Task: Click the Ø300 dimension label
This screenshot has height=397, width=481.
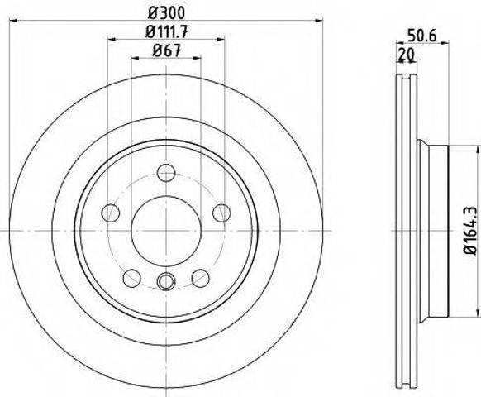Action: pyautogui.click(x=167, y=12)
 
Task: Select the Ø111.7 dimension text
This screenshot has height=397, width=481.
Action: pyautogui.click(x=166, y=31)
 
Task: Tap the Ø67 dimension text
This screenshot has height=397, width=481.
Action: pyautogui.click(x=166, y=50)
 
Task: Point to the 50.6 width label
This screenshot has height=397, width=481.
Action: pyautogui.click(x=421, y=36)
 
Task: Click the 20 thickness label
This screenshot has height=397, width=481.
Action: pyautogui.click(x=406, y=55)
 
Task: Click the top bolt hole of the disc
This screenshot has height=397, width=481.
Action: pyautogui.click(x=166, y=173)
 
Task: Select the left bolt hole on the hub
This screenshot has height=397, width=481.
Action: pyautogui.click(x=111, y=213)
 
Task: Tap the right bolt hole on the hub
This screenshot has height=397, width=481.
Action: pyautogui.click(x=221, y=213)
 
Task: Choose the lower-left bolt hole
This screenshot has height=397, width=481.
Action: pyautogui.click(x=132, y=278)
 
